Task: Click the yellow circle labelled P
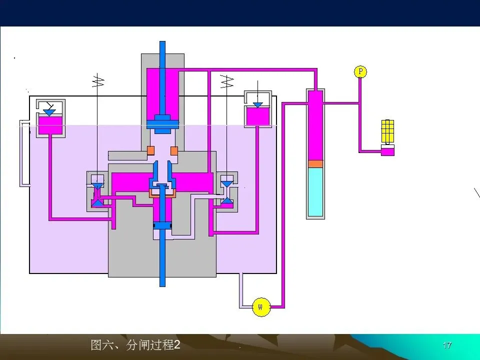[x=360, y=72]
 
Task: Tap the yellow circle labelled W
[x=260, y=306]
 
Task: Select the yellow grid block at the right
[x=388, y=130]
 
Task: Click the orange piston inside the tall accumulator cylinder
[x=315, y=163]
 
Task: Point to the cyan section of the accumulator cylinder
[x=315, y=192]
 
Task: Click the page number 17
[x=447, y=345]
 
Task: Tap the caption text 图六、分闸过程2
[x=135, y=345]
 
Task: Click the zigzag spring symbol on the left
[x=97, y=80]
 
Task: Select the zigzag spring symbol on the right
[x=227, y=80]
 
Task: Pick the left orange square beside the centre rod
[x=150, y=150]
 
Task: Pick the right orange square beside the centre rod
[x=174, y=150]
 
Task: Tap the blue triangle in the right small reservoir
[x=257, y=105]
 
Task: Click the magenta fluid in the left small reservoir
[x=50, y=125]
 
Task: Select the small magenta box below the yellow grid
[x=387, y=150]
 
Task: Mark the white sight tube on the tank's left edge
[x=23, y=152]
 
